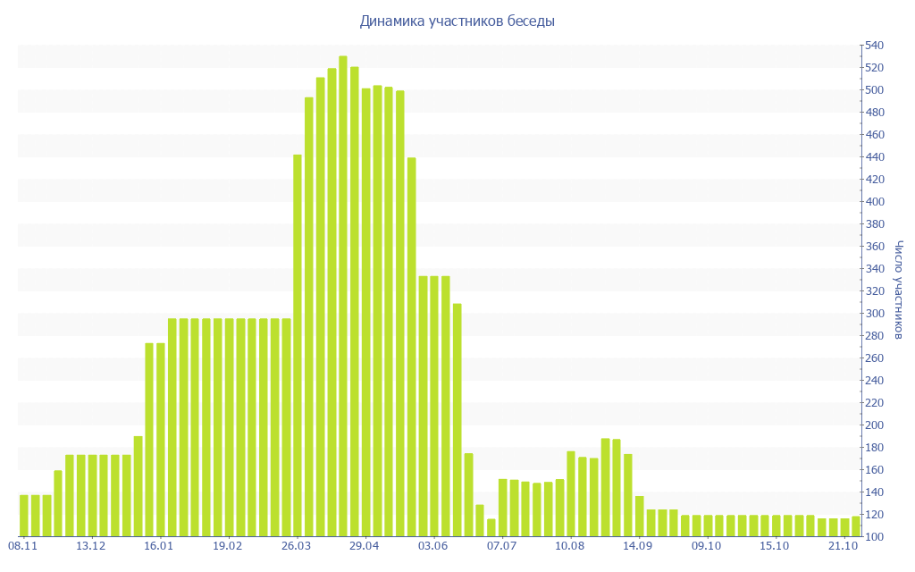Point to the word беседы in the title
[531, 21]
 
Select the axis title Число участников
[899, 290]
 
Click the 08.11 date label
[22, 545]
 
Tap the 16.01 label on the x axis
[159, 545]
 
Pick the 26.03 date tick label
[296, 545]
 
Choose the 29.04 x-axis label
[365, 545]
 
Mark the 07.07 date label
[501, 545]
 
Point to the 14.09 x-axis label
[638, 545]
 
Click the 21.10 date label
[843, 545]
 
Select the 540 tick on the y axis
[873, 46]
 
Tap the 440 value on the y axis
[873, 157]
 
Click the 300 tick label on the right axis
[873, 314]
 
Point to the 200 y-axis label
[873, 425]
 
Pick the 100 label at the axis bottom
[873, 537]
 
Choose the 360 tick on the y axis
[873, 247]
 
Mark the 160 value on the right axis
[873, 470]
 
